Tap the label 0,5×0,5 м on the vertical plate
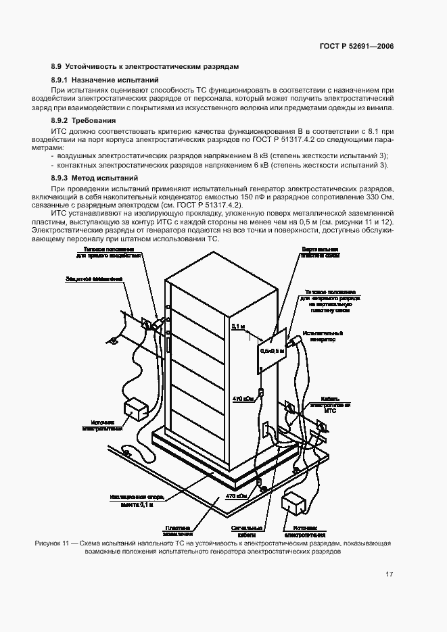[272, 351]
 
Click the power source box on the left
[135, 408]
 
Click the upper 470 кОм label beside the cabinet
[243, 399]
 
